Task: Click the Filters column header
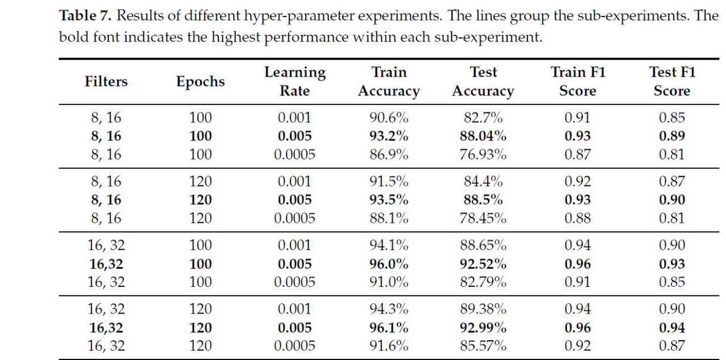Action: coord(106,81)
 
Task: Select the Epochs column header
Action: coord(200,81)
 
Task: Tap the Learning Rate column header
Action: coord(294,81)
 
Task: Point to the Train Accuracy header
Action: coord(389,81)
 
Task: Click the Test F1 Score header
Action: coord(672,81)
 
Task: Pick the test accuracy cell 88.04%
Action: coord(483,136)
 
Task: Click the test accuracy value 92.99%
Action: coord(483,328)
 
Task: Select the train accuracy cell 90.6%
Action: coord(389,118)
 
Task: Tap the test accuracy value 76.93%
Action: coord(483,154)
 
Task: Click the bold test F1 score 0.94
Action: coord(672,328)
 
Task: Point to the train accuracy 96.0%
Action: coord(389,264)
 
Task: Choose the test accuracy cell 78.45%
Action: coord(483,218)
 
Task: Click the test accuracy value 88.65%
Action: coord(483,245)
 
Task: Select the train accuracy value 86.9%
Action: coord(389,154)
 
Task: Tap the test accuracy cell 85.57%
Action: coord(483,346)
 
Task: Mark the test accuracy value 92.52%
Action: coord(483,264)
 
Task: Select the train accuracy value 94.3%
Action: coord(389,309)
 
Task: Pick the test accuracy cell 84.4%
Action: coord(483,181)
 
